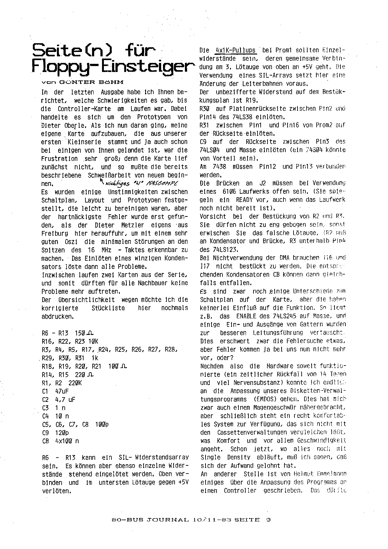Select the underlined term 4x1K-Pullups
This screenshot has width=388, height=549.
pos(235,50)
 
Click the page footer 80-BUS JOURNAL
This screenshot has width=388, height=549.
pos(150,520)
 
